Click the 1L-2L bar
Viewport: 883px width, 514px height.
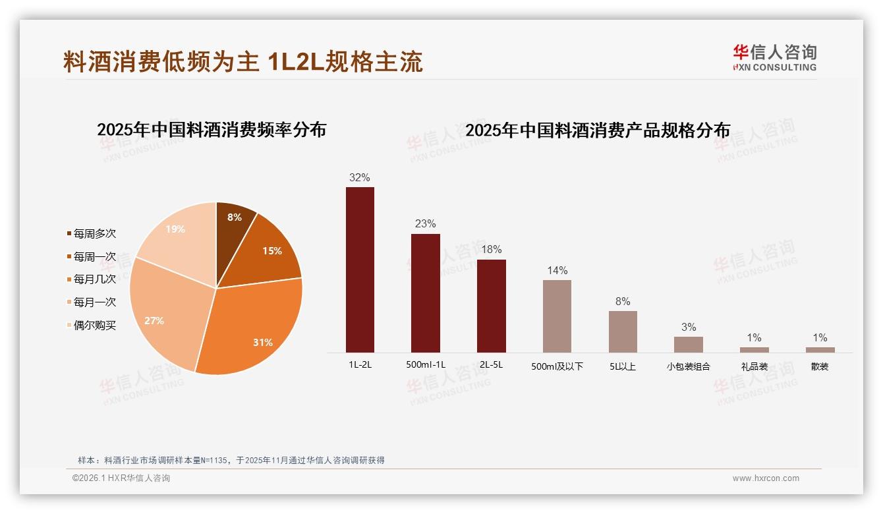[360, 270]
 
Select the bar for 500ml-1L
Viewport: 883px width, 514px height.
[425, 293]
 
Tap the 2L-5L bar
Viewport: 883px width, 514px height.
[491, 306]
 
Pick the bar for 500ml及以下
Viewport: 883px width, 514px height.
[557, 316]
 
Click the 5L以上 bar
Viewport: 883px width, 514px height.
[623, 331]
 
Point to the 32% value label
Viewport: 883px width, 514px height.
[360, 177]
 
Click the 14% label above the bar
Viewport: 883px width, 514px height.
[557, 270]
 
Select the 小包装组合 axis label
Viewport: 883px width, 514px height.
[688, 366]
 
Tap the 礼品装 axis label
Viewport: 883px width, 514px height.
[754, 366]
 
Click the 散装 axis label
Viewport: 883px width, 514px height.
[820, 366]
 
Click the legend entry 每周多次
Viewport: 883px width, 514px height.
[92, 233]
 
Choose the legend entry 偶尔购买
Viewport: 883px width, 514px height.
[92, 325]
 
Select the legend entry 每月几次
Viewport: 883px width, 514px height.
[92, 279]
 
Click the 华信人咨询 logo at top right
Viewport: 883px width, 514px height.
[774, 57]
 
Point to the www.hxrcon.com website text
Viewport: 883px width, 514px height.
[766, 478]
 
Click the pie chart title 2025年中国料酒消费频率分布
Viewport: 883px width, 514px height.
[212, 130]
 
